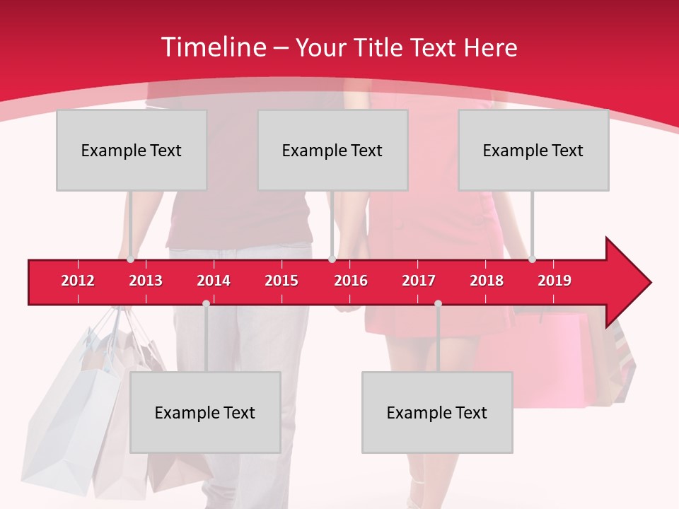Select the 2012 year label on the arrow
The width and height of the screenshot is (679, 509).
78,281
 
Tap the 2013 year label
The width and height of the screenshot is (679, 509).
146,281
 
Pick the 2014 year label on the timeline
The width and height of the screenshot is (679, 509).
214,281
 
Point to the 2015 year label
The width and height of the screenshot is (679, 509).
282,281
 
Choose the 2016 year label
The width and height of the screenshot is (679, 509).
351,281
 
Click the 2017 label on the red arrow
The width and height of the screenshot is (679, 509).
419,281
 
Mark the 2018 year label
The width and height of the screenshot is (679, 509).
487,281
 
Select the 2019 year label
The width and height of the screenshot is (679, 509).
555,281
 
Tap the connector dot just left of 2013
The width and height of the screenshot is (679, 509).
131,259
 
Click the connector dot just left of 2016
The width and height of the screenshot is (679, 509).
332,259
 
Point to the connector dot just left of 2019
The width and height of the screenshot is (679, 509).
533,259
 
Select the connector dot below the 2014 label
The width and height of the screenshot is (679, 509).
206,303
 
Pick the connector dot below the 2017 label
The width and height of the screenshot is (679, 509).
438,303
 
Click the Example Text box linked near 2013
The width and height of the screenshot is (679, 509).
132,150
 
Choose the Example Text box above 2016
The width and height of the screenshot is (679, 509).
332,150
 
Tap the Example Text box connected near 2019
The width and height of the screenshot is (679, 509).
533,150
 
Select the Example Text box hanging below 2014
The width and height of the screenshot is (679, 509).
205,412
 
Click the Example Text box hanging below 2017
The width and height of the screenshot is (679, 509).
437,412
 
